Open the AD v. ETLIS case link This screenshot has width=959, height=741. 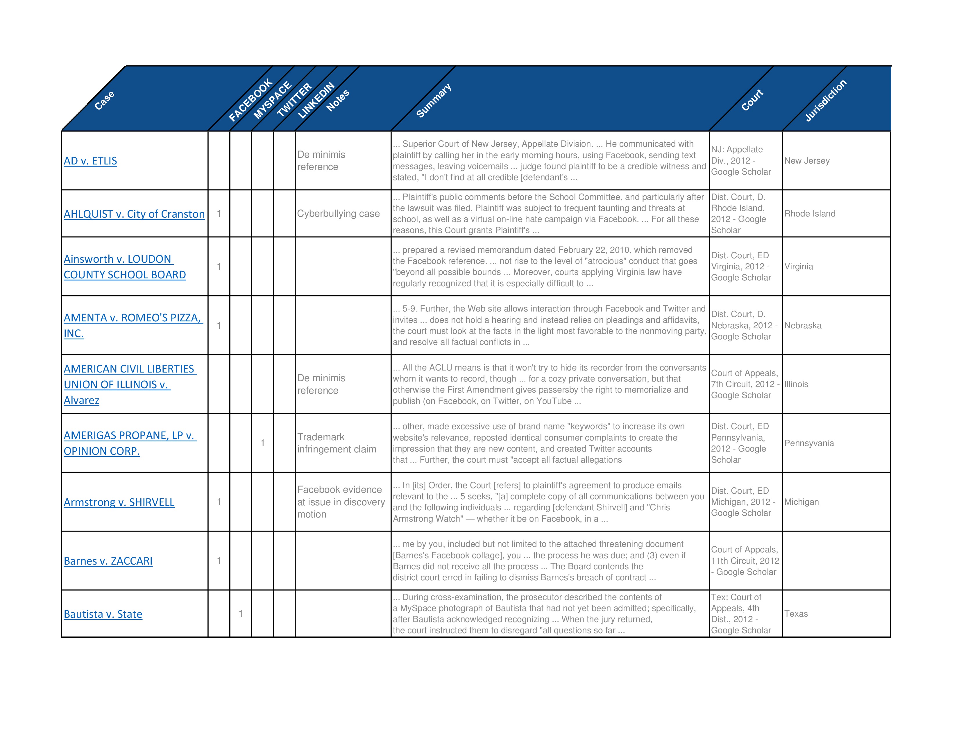click(x=90, y=161)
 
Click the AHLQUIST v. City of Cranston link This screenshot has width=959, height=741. click(x=134, y=214)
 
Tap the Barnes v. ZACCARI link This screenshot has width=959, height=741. click(x=108, y=561)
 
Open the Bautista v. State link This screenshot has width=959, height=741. click(x=103, y=614)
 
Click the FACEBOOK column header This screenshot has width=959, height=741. click(x=251, y=100)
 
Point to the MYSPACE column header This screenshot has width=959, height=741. click(x=273, y=100)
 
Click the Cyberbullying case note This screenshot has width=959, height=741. click(x=338, y=214)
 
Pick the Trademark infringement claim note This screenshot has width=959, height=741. click(x=337, y=443)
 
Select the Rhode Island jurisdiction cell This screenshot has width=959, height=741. click(x=810, y=214)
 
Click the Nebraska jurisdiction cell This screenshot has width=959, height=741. click(x=803, y=325)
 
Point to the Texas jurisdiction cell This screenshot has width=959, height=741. click(x=796, y=614)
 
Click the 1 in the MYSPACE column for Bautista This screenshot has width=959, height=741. click(x=241, y=614)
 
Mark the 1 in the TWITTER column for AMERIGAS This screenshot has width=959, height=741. click(x=263, y=443)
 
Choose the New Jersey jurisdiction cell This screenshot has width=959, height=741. click(x=807, y=161)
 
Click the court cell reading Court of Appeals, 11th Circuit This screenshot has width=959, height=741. click(x=745, y=561)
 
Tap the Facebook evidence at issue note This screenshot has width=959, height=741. click(x=341, y=502)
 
